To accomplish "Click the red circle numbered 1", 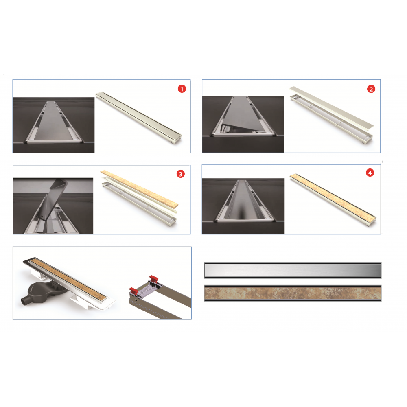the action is (182, 89).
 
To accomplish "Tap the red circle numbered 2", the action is (371, 89).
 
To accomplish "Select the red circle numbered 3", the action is (180, 174).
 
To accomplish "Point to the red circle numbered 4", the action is (370, 173).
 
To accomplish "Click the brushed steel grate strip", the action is (293, 270).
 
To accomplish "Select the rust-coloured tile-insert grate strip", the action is (293, 293).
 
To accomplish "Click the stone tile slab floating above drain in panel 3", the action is (139, 188).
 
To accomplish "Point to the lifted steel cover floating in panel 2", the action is (331, 107).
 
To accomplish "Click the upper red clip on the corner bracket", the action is (154, 279).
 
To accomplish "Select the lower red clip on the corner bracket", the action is (133, 291).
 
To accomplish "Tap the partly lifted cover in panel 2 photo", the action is (239, 114).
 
